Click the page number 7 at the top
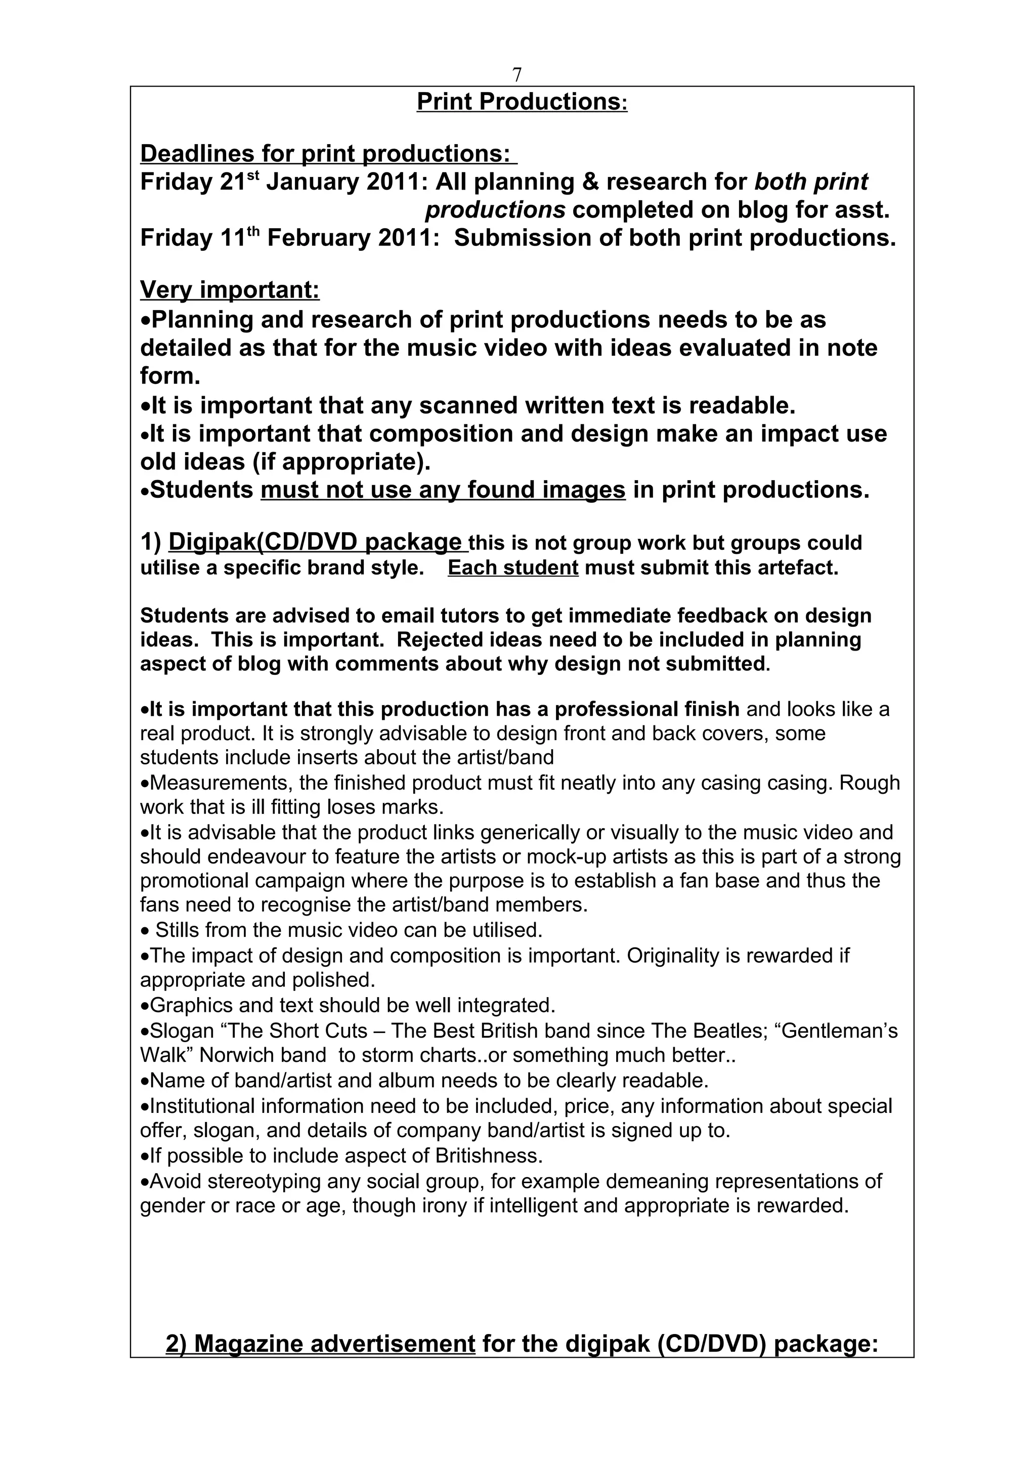(x=517, y=75)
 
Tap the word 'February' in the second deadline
(x=317, y=239)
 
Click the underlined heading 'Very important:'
(x=229, y=290)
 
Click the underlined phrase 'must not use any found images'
(x=443, y=490)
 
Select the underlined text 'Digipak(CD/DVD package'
(x=315, y=542)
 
